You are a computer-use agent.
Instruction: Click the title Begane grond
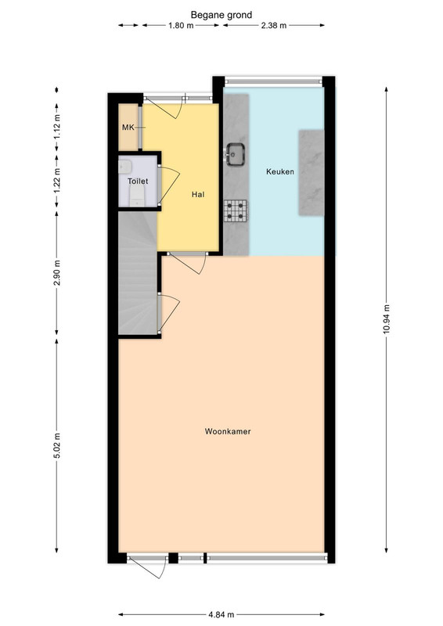tap(221, 15)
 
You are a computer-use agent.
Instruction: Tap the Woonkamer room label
tap(228, 431)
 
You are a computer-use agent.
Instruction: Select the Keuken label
tap(280, 171)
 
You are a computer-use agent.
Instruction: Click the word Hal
tap(198, 194)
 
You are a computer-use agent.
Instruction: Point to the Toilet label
tap(138, 182)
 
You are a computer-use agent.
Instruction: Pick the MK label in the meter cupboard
tap(128, 128)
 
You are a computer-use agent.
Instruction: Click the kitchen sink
tap(236, 154)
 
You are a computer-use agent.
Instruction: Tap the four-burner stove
tap(236, 210)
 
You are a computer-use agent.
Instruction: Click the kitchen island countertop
tap(312, 173)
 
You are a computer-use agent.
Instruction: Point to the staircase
tap(138, 272)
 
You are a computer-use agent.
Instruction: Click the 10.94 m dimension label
tap(387, 320)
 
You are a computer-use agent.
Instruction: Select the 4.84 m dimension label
tap(221, 614)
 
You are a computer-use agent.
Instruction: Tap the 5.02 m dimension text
tap(56, 446)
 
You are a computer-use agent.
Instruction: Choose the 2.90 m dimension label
tap(56, 273)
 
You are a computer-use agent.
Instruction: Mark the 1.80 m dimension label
tap(181, 26)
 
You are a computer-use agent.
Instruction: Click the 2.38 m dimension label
tap(274, 26)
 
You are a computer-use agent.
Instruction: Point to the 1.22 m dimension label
tap(56, 180)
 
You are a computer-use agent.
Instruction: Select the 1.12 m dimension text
tap(56, 127)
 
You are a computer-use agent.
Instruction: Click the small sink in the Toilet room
tap(124, 167)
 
